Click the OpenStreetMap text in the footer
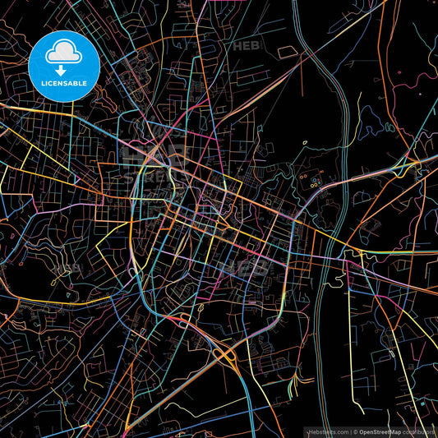380,431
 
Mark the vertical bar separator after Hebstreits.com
350,431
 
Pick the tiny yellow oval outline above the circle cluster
305,142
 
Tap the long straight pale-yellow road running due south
353,345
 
